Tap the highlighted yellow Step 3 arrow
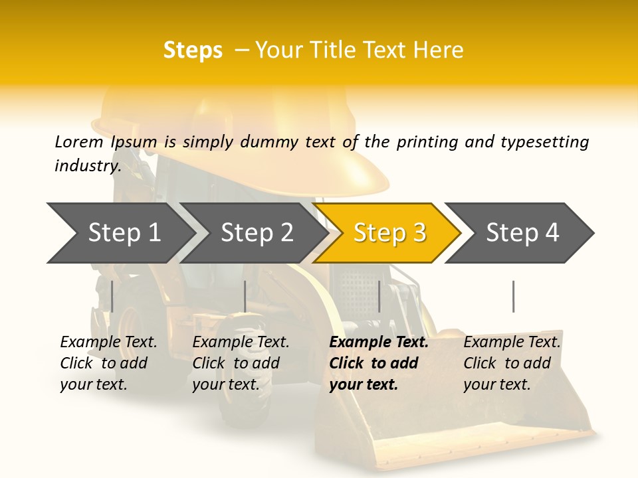tap(389, 233)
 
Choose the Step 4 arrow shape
tap(522, 233)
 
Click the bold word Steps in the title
tap(193, 50)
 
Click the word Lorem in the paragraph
tap(78, 142)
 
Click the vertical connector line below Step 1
tap(112, 296)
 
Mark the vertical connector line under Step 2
tap(245, 296)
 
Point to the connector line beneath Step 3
tap(379, 296)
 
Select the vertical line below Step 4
tap(513, 296)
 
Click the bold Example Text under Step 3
tap(379, 343)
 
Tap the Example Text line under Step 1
tap(108, 343)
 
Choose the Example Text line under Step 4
tap(512, 343)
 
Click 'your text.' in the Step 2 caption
tap(226, 384)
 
